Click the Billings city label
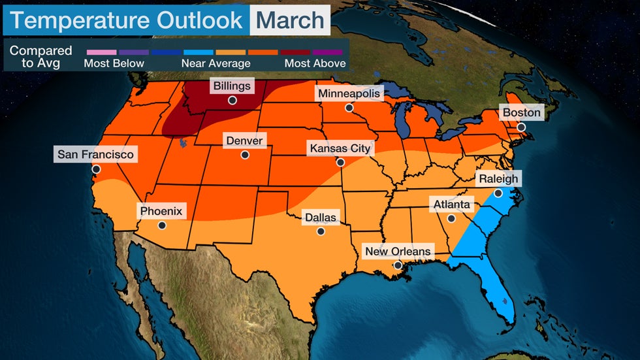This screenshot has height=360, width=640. pos(232,86)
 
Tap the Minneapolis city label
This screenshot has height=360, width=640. pos(349,93)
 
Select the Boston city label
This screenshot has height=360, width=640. pos(521,112)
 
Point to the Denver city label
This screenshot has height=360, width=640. pos(244,140)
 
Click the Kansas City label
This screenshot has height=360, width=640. pos(340,148)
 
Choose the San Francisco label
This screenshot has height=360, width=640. pos(95,155)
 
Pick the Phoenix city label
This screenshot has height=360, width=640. pos(161,211)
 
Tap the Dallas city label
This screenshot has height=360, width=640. pos(320,217)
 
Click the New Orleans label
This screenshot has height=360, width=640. pos(398,251)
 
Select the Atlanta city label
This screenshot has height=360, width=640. pos(451,205)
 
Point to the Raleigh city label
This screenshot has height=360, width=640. pos(498,178)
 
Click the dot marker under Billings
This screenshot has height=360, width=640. pos(232,100)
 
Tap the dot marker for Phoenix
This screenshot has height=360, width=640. pos(161,225)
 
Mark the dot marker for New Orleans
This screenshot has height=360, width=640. pos(398,265)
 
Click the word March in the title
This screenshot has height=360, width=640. pos(290,20)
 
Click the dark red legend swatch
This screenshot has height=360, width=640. pos(295,52)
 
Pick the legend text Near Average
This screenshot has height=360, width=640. pos(216,63)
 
